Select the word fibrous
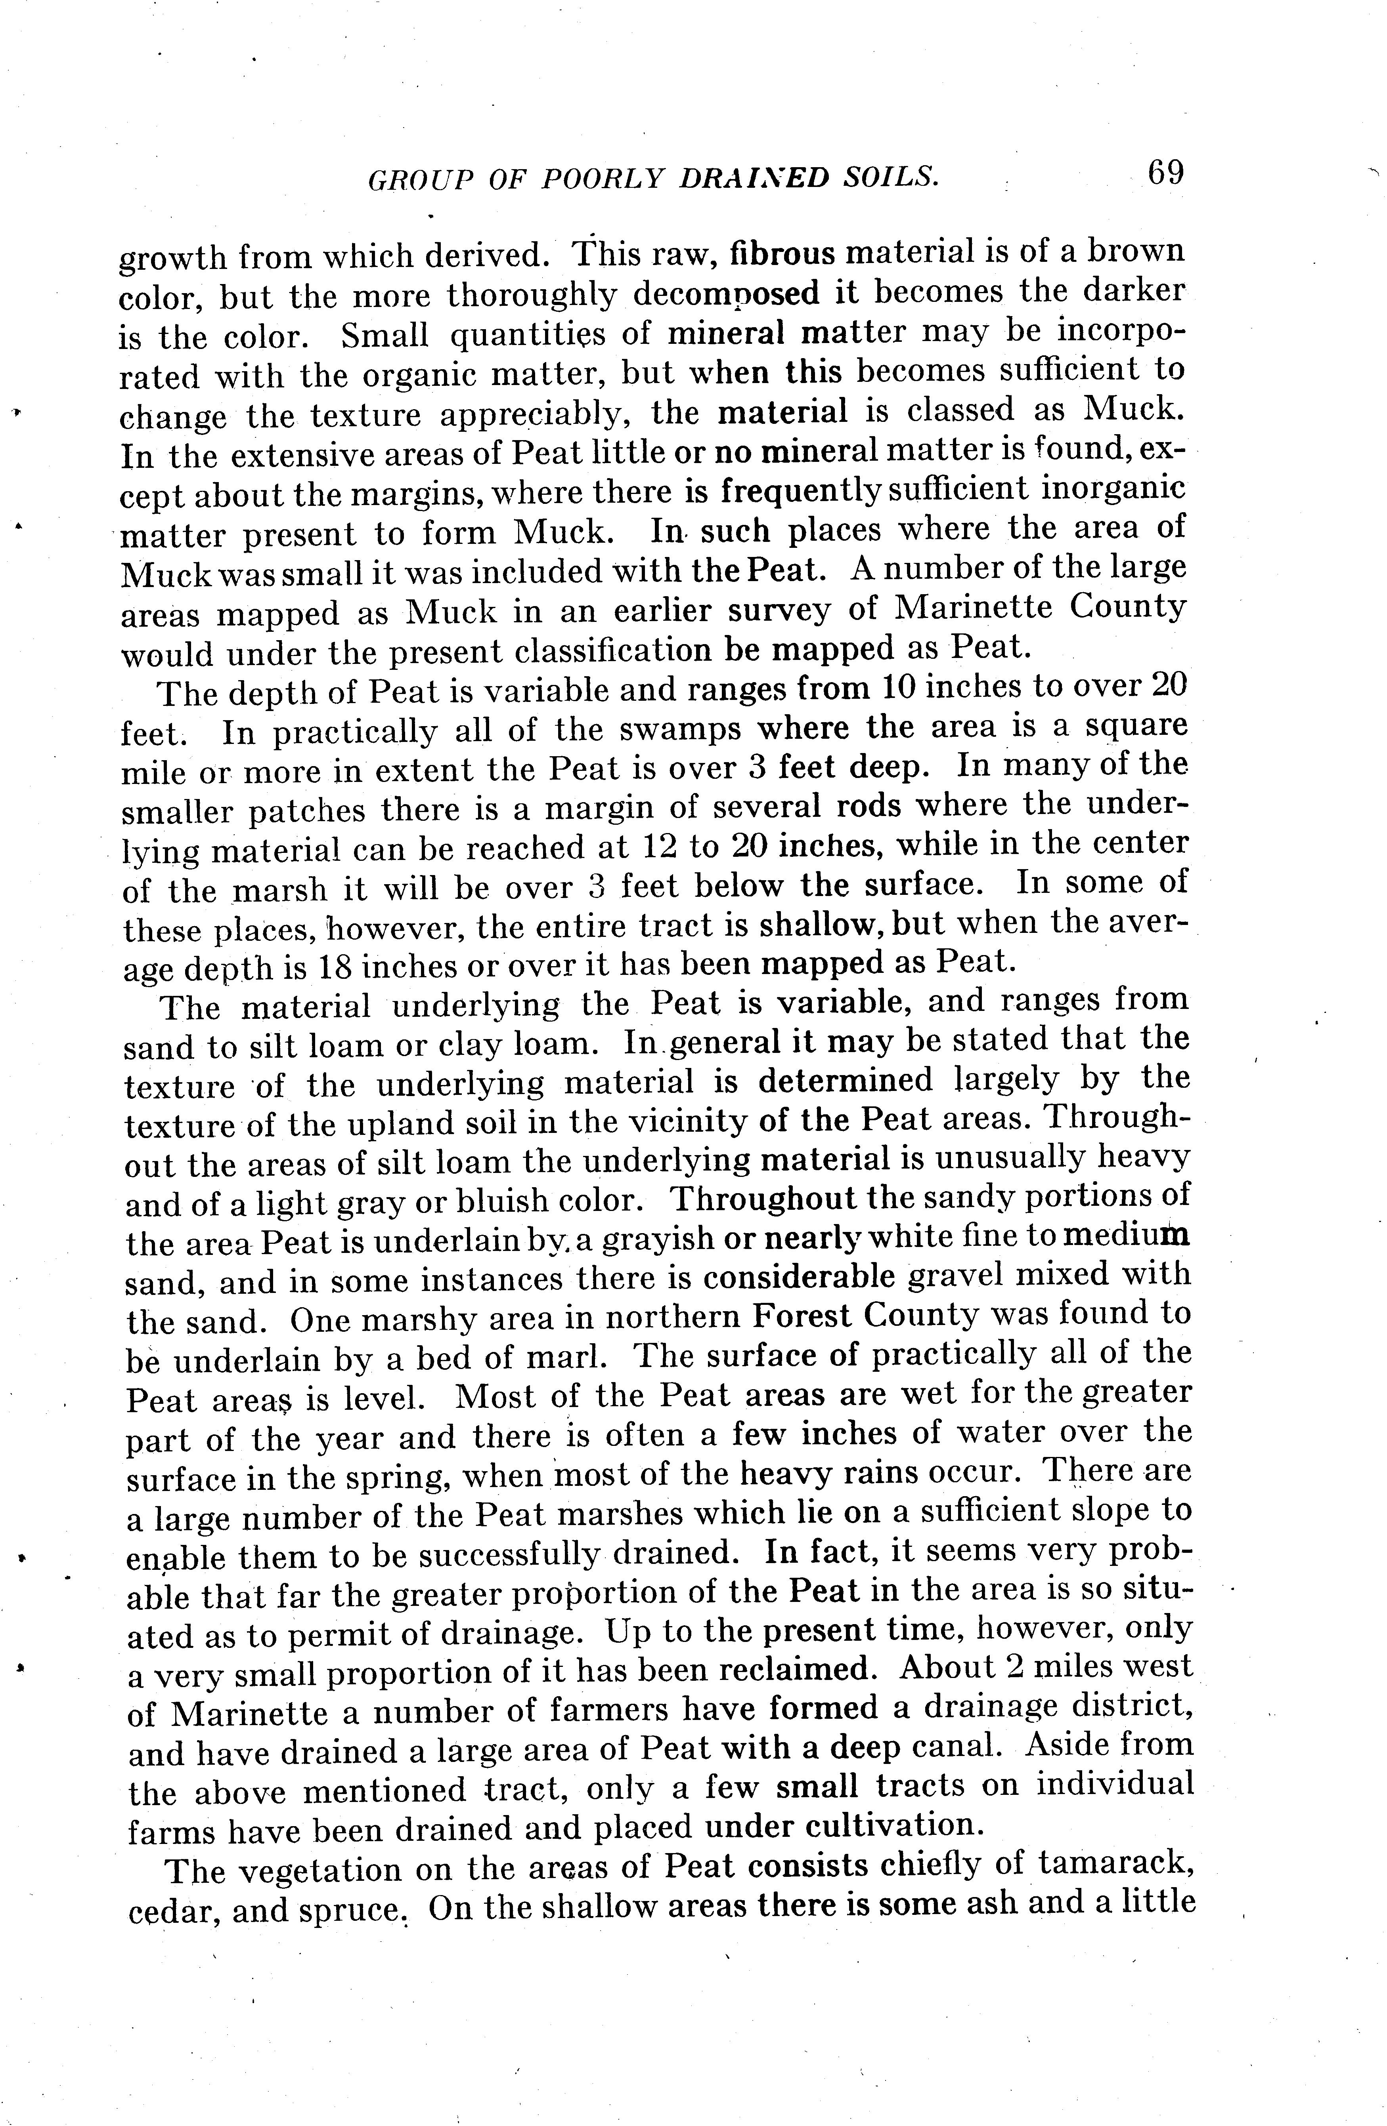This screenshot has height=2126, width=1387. (782, 254)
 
